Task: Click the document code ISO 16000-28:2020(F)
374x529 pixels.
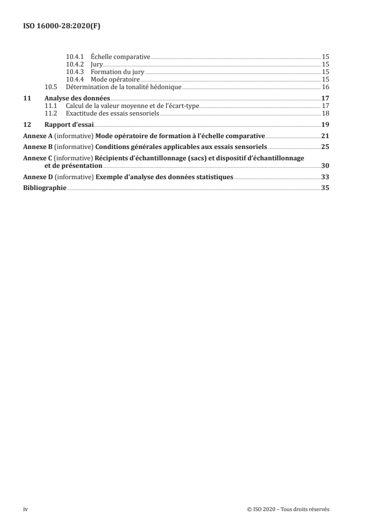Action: [x=62, y=26]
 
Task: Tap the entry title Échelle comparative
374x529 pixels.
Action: [x=120, y=57]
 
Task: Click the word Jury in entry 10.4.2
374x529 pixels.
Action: [x=97, y=65]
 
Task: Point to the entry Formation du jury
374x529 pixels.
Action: [x=117, y=72]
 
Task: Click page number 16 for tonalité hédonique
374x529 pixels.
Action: [x=325, y=87]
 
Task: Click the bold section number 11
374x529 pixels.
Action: [x=27, y=98]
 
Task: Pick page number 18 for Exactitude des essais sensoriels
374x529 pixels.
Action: [x=325, y=113]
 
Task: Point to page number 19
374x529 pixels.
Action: [x=325, y=125]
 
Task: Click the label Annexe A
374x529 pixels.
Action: [x=38, y=136]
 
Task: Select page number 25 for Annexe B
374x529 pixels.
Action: [x=325, y=147]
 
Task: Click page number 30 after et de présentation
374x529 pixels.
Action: [x=325, y=165]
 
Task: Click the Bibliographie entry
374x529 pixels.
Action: [x=45, y=188]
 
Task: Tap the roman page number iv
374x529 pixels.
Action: [x=25, y=509]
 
